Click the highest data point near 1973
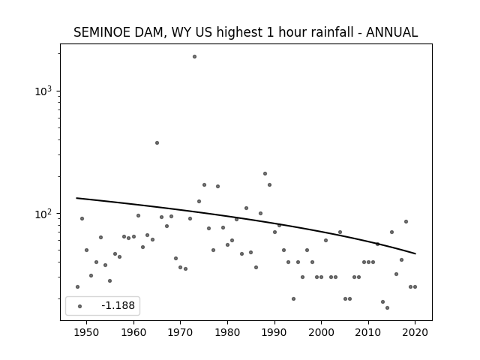[x=194, y=57]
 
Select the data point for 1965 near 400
[x=157, y=143]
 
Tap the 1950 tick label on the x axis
[x=86, y=332]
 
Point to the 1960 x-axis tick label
[x=133, y=332]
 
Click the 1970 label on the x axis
[x=180, y=332]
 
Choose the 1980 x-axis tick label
[x=227, y=332]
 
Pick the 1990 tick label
[x=274, y=332]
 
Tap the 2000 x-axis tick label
[x=321, y=332]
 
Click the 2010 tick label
[x=368, y=332]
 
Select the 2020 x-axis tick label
[x=415, y=332]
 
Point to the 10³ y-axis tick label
[x=43, y=91]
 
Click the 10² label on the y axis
[x=43, y=214]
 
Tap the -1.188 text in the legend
[x=118, y=305]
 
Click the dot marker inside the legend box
[x=80, y=307]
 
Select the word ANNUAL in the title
[x=391, y=32]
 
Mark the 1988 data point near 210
[x=265, y=173]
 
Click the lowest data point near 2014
[x=387, y=308]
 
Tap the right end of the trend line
[x=415, y=253]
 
